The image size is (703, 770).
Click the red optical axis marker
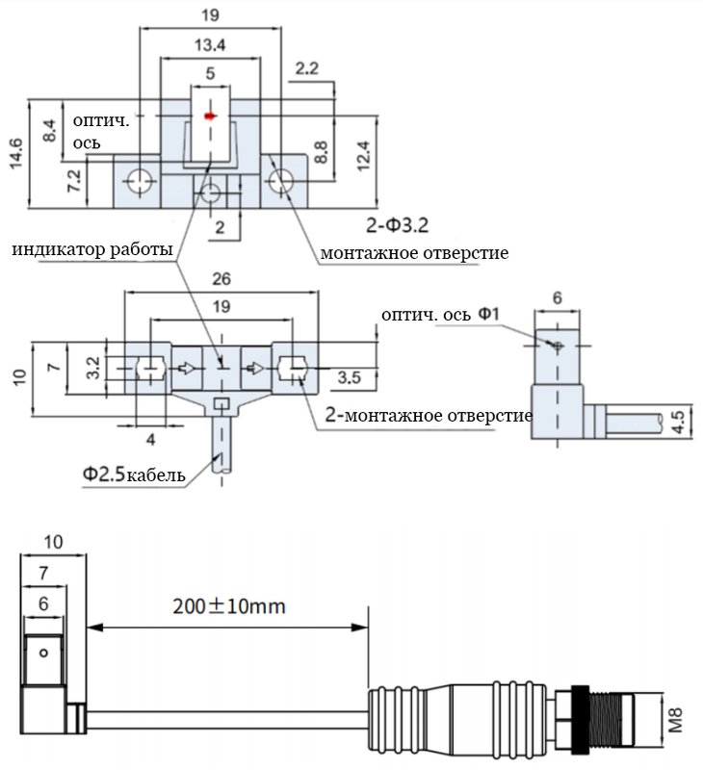210,115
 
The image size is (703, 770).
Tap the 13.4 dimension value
210,45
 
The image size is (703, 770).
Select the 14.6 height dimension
15,154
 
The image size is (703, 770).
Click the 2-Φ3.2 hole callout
397,225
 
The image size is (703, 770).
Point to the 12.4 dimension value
363,156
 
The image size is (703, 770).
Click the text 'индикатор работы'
92,249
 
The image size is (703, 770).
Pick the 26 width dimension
221,279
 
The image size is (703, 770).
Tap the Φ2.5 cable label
134,475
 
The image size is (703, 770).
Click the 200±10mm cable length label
229,606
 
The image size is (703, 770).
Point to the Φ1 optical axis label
488,314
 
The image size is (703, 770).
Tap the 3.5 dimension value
350,377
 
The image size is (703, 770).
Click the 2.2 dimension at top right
307,68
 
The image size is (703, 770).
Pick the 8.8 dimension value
321,152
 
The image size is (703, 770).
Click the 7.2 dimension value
74,181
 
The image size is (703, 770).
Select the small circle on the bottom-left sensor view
43,654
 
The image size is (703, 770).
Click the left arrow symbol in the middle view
186,368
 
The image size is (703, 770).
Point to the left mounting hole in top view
140,181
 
